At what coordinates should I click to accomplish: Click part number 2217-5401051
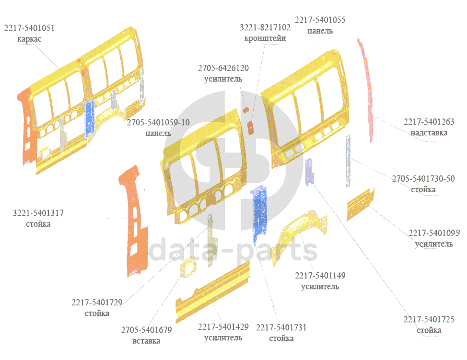pos(29,28)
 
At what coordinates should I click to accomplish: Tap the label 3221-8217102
pos(265,28)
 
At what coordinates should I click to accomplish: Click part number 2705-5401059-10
pos(158,123)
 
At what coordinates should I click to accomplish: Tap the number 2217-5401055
pos(320,20)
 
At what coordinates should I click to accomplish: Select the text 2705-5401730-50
pos(423,179)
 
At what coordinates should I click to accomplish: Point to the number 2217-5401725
pos(429,320)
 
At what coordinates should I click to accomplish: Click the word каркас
pos(29,39)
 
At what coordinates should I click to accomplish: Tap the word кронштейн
pos(265,38)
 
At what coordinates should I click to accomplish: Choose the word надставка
pos(429,132)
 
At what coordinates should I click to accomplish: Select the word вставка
pos(146,341)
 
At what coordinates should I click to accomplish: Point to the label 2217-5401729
pos(97,302)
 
